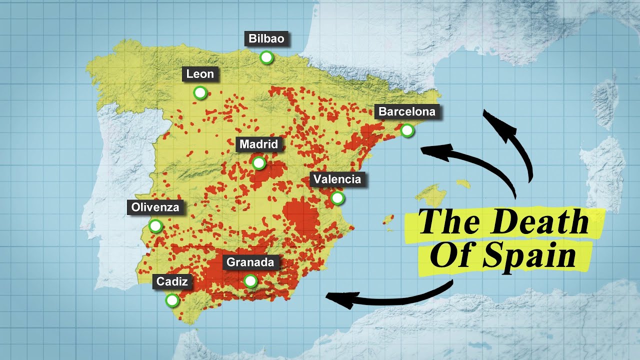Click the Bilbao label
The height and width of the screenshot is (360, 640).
coord(267,38)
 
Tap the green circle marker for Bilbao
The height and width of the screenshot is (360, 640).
coord(267,57)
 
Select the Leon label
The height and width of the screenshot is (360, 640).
coord(200,74)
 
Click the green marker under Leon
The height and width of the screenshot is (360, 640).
coord(200,93)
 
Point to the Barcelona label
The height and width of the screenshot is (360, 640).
coord(407,111)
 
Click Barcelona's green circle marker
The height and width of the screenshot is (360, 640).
coord(408,131)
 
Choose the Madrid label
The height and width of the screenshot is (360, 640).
coord(258,144)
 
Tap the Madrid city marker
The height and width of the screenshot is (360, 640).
coord(258,163)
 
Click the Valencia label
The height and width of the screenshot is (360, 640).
coord(338,179)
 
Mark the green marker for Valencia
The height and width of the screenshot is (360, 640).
coord(338,198)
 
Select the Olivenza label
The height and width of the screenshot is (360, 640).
coord(155,207)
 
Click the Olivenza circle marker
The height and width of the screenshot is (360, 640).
coord(156,226)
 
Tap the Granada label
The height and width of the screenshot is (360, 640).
coord(250,262)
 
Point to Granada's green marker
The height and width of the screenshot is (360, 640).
coord(250,281)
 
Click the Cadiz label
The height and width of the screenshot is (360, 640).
coord(172,281)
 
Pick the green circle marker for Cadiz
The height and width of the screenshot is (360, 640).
coord(172,300)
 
